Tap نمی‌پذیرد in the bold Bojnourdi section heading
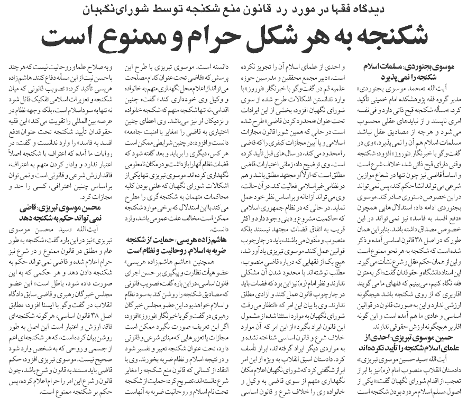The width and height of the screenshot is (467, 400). pyautogui.click(x=388, y=78)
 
